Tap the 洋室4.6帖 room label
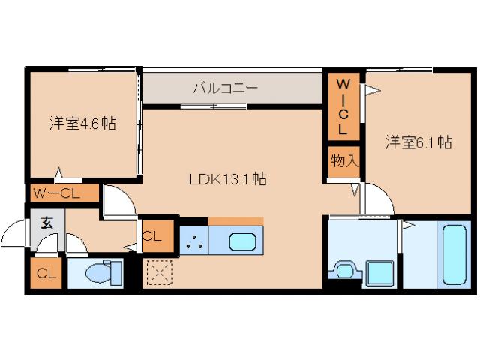pyautogui.click(x=83, y=124)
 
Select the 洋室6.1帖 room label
pyautogui.click(x=418, y=142)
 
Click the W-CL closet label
pyautogui.click(x=64, y=194)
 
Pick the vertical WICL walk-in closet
pyautogui.click(x=342, y=106)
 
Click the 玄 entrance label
pyautogui.click(x=47, y=222)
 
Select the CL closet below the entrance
pyautogui.click(x=46, y=274)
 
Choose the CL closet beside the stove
pyautogui.click(x=152, y=236)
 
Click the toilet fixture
pyautogui.click(x=99, y=272)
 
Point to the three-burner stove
pyautogui.click(x=193, y=241)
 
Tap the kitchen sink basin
pyautogui.click(x=242, y=241)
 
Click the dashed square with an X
pyautogui.click(x=159, y=272)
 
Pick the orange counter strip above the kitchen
pyautogui.click(x=235, y=221)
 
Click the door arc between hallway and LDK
pyautogui.click(x=118, y=200)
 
